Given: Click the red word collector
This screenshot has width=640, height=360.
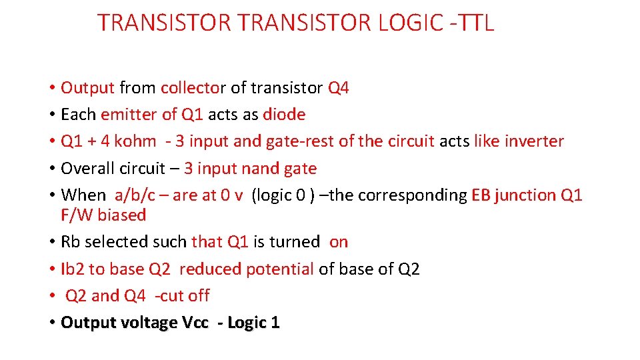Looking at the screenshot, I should [x=193, y=88].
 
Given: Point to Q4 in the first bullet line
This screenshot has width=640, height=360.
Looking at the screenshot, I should [x=338, y=88].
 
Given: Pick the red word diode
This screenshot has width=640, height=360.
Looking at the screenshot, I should [x=284, y=115].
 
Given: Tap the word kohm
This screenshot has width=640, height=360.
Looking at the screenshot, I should [x=135, y=141].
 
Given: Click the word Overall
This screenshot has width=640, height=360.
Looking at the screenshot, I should [x=86, y=169].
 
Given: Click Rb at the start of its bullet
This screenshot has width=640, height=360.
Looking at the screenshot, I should [x=69, y=242].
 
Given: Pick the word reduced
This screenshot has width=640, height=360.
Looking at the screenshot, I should [x=210, y=269].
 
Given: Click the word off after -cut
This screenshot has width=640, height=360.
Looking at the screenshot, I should [x=199, y=295].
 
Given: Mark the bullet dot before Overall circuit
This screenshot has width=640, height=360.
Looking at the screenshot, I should [x=52, y=169].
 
